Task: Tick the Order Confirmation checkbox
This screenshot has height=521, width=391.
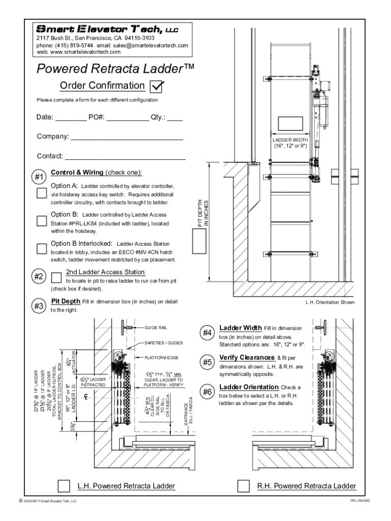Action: tap(157, 86)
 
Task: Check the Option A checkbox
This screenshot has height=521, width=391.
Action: tap(42, 193)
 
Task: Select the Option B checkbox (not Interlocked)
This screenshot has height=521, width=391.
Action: tap(42, 221)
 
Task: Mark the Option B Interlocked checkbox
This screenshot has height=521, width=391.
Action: tap(42, 248)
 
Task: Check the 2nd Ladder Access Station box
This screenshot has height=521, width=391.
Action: tap(56, 275)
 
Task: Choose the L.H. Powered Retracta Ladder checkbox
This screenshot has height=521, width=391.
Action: tap(64, 485)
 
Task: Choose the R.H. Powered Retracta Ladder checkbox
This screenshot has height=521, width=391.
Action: tap(244, 485)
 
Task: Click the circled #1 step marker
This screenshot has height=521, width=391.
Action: tap(40, 177)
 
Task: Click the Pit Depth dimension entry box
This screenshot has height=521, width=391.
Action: tap(199, 241)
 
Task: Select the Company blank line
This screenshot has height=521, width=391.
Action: tap(126, 137)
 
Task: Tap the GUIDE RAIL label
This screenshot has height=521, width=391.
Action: tap(156, 328)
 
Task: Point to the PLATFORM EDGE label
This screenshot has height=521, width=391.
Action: tap(161, 358)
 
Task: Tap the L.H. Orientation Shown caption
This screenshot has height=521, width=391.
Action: tap(330, 302)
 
